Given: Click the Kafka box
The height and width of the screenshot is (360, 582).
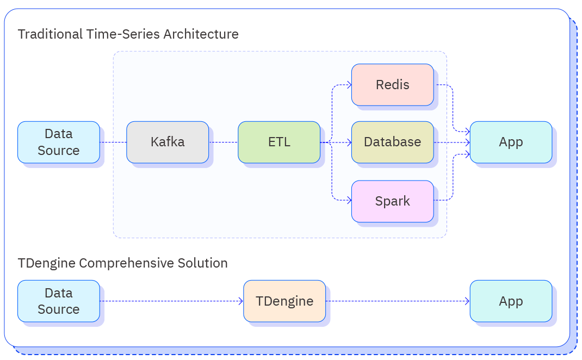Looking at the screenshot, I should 168,142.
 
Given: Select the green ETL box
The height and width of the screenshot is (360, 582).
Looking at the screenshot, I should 279,142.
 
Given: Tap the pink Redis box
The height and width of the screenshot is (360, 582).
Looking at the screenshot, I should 392,85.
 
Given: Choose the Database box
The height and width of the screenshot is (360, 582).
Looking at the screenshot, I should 392,142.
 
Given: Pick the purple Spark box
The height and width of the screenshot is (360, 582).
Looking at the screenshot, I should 392,201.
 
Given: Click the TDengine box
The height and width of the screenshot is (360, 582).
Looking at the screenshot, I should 284,301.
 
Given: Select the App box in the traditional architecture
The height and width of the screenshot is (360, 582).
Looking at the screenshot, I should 511,142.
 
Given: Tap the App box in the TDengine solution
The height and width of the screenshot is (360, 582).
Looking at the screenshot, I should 511,301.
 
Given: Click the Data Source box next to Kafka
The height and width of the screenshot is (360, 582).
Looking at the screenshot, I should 59,142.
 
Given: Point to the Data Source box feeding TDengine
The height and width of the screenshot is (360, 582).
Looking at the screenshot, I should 59,301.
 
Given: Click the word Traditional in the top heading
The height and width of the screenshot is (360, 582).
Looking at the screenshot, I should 49,34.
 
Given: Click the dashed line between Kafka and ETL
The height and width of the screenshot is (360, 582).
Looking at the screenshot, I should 223,142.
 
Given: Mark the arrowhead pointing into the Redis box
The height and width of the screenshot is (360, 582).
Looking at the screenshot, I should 349,85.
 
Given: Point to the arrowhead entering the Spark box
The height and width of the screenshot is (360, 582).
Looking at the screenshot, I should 349,201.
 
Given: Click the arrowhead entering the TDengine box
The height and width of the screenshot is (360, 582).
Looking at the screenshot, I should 240,301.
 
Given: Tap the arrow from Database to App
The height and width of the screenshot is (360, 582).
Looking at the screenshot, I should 451,142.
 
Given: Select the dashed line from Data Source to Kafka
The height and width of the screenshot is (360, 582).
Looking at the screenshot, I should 113,142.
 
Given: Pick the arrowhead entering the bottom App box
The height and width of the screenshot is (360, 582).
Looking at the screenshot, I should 467,301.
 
